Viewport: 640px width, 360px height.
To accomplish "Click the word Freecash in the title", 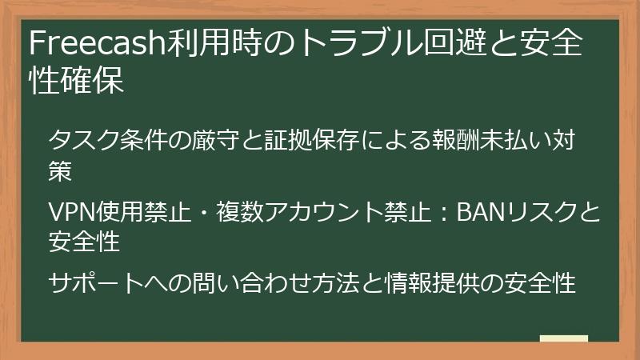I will click(97, 46).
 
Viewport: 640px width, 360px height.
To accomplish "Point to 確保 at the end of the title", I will click(100, 82).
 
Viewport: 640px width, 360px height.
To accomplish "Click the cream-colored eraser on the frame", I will click(563, 339).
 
